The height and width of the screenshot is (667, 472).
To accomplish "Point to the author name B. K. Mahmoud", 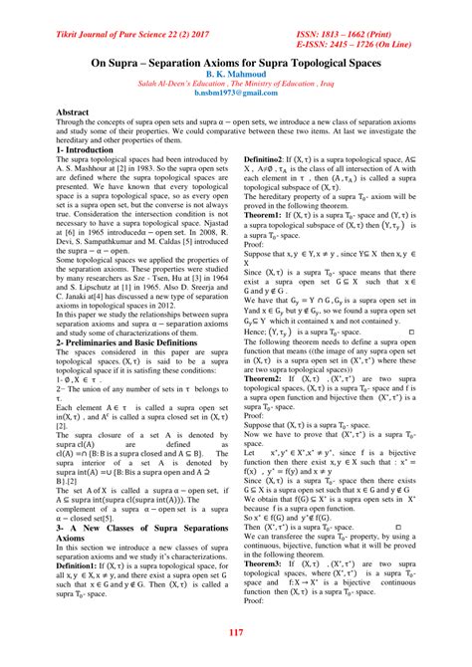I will (236, 74).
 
